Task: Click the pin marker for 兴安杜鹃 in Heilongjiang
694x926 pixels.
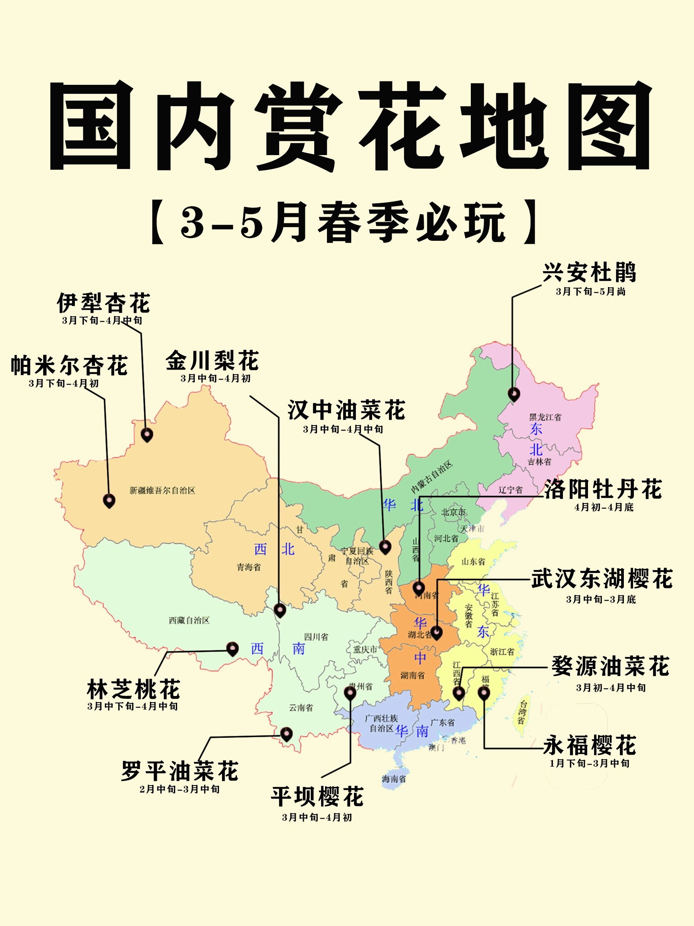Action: (514, 394)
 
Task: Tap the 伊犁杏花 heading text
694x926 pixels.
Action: (103, 303)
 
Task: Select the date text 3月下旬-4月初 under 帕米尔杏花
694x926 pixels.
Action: (64, 383)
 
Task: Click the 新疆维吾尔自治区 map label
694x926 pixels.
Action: (162, 490)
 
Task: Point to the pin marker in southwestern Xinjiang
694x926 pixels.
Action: (109, 500)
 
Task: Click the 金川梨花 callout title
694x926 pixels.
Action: (212, 361)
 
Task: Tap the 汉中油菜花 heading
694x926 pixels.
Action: (346, 410)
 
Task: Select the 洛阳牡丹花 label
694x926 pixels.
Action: (603, 489)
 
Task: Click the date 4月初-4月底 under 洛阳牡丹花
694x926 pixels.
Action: (604, 507)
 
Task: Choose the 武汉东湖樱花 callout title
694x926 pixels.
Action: (602, 579)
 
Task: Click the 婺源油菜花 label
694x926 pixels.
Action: (610, 666)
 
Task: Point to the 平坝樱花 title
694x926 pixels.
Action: (317, 796)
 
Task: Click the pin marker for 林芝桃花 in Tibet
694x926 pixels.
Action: (232, 649)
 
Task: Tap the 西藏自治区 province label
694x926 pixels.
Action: (189, 620)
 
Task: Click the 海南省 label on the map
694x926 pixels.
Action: (394, 779)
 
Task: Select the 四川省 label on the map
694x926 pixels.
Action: (316, 637)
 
